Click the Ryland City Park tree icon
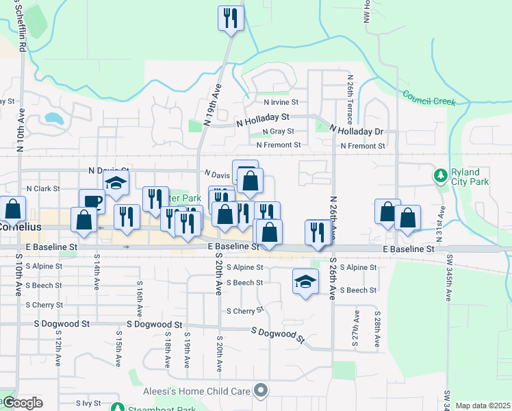click(x=440, y=177)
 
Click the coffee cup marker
click(x=92, y=201)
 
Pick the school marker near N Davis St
click(x=117, y=183)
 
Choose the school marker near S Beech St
click(x=305, y=281)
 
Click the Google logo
click(x=22, y=403)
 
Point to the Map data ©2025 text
click(x=483, y=406)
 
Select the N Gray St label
click(x=278, y=132)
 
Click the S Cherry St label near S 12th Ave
click(x=44, y=305)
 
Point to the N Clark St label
click(x=43, y=188)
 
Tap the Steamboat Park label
click(x=161, y=409)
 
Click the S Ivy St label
click(x=88, y=403)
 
